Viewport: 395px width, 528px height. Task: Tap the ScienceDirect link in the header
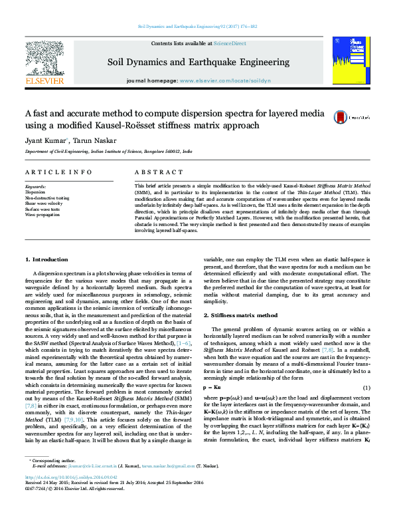click(230, 43)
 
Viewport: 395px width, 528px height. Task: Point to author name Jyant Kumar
click(44, 141)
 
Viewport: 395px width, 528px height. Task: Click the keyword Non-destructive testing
click(46, 198)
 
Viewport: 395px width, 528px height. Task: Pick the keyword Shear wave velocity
click(44, 204)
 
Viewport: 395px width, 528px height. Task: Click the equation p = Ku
click(210, 388)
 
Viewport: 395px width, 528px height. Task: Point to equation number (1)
click(366, 388)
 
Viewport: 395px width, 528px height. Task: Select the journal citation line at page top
click(197, 27)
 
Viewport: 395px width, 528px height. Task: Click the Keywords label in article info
click(35, 187)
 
